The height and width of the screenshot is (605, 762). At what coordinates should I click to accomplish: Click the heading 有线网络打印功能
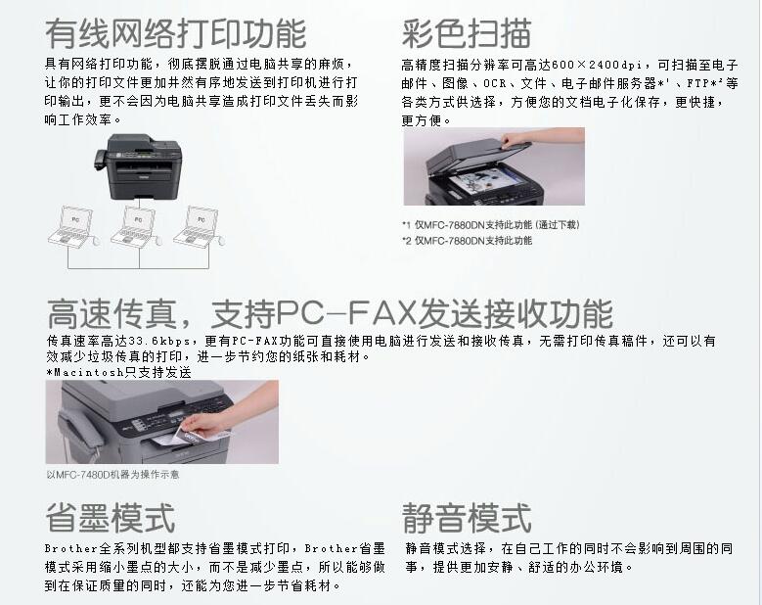click(176, 33)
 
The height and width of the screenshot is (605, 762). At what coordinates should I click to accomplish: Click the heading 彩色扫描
click(467, 33)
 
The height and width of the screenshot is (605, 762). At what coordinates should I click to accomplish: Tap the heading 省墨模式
click(111, 518)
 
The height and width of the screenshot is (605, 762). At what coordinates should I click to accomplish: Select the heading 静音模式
click(467, 518)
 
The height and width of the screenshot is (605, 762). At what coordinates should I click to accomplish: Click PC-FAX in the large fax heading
click(347, 312)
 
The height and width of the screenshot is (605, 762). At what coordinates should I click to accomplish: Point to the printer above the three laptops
click(138, 165)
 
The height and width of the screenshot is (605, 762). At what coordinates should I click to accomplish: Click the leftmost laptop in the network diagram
click(74, 226)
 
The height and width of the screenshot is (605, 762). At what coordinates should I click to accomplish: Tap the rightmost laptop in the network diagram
click(200, 226)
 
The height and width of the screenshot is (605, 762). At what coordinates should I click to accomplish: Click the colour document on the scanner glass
click(480, 181)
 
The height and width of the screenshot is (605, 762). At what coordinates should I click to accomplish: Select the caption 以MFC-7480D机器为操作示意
click(112, 474)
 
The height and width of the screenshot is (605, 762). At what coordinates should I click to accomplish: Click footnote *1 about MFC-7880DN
click(491, 225)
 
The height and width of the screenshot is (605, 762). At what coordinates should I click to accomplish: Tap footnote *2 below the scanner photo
click(467, 240)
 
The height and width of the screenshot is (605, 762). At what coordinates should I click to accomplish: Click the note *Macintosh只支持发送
click(119, 373)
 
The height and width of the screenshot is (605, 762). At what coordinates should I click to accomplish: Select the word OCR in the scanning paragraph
click(495, 83)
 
